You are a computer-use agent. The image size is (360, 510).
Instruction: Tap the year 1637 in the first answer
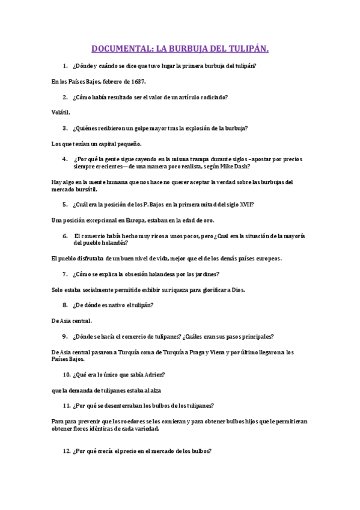pos(138,81)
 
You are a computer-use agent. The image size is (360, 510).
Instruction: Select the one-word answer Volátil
pos(61,112)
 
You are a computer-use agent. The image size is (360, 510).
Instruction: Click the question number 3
pos(64,127)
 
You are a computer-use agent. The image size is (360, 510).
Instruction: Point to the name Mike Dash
pos(236,167)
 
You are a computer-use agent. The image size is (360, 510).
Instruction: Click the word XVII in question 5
pos(245,204)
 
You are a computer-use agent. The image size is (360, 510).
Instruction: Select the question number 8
pos(64,305)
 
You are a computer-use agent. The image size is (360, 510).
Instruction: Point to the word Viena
pos(212,352)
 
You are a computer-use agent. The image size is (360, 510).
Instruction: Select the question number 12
pos(67,452)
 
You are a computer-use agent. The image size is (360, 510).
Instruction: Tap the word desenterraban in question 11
pos(124,405)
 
